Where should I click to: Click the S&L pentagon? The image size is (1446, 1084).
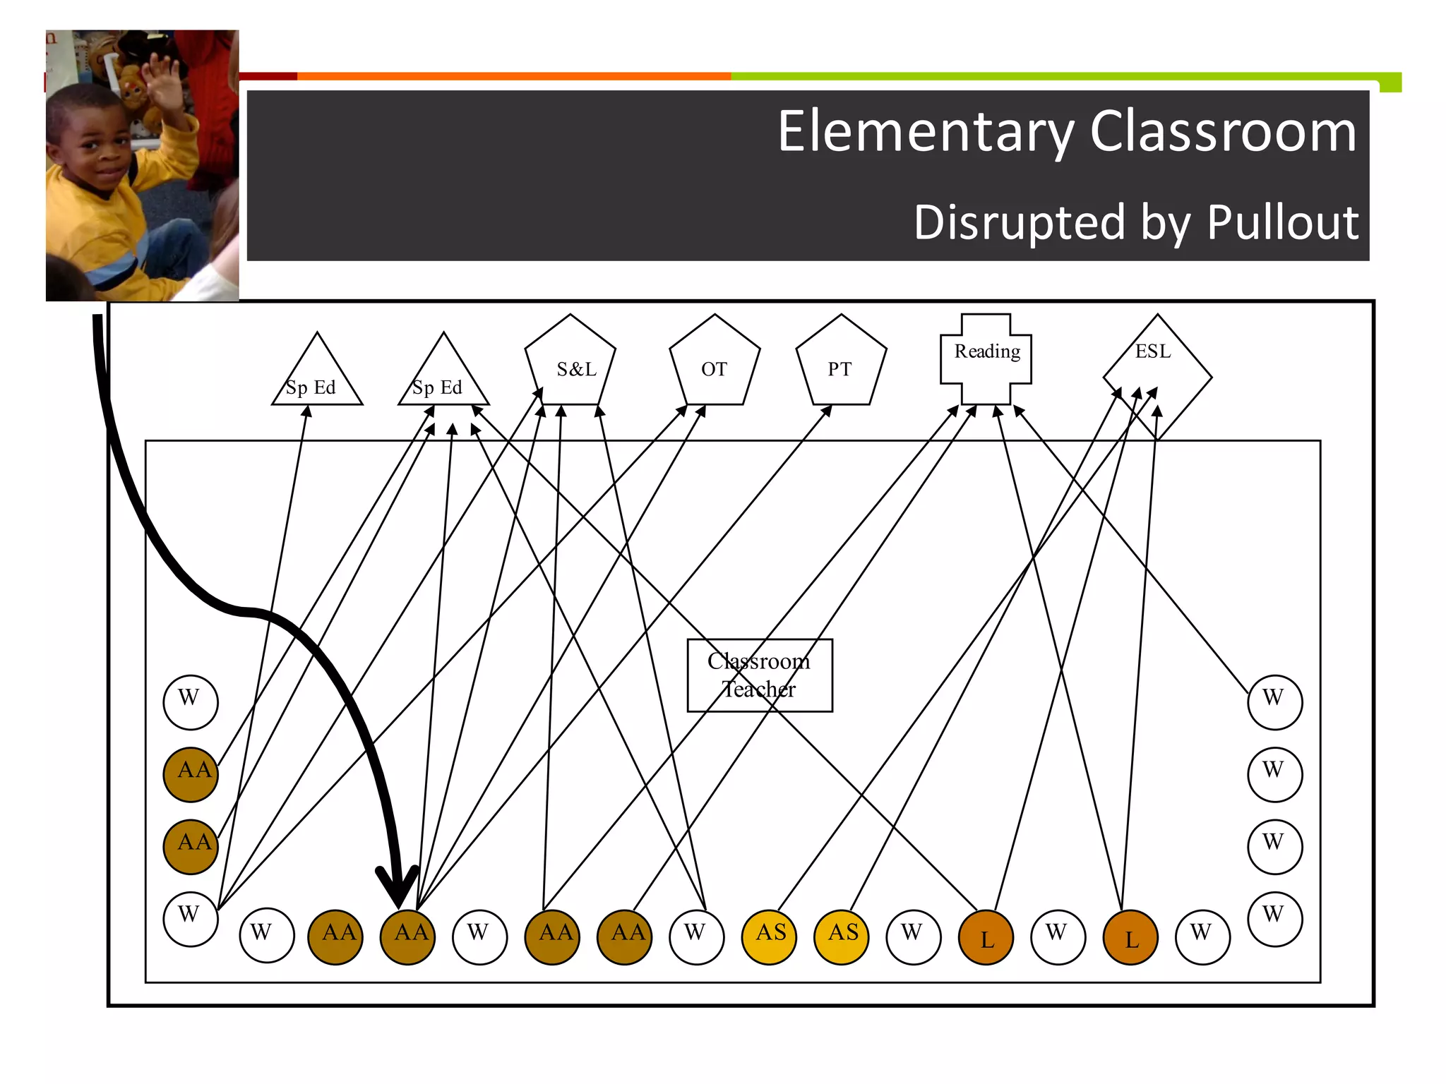tap(570, 364)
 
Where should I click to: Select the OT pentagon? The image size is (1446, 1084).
tap(715, 364)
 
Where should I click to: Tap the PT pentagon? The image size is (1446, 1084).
tap(841, 364)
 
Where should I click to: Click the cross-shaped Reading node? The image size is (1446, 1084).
tap(986, 359)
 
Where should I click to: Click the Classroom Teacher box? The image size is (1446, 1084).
tap(760, 675)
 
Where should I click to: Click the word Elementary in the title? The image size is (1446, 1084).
tap(924, 132)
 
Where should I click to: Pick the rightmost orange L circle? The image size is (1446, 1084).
tap(1130, 937)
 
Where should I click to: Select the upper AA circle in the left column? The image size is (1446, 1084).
tap(191, 774)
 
